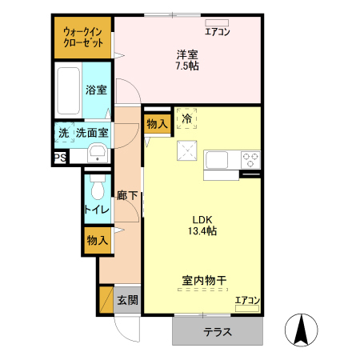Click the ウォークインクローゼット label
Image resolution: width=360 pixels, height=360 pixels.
click(83, 36)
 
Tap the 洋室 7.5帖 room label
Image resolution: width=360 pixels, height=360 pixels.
click(188, 60)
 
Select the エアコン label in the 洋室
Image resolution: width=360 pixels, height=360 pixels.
click(218, 33)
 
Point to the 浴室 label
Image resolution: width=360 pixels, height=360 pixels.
click(96, 90)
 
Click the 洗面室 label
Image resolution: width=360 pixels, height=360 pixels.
click(92, 132)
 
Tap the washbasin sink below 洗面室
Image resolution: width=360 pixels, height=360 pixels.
click(97, 154)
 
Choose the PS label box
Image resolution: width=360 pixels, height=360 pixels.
click(60, 158)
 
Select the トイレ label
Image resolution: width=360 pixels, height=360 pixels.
click(97, 210)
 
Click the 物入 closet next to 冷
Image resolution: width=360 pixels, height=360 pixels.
click(157, 124)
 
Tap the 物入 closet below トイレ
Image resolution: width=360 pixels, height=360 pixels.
click(97, 240)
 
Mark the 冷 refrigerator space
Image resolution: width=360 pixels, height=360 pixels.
click(187, 119)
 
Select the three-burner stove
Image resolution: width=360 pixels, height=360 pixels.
click(251, 158)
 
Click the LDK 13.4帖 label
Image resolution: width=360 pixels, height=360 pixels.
click(204, 226)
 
